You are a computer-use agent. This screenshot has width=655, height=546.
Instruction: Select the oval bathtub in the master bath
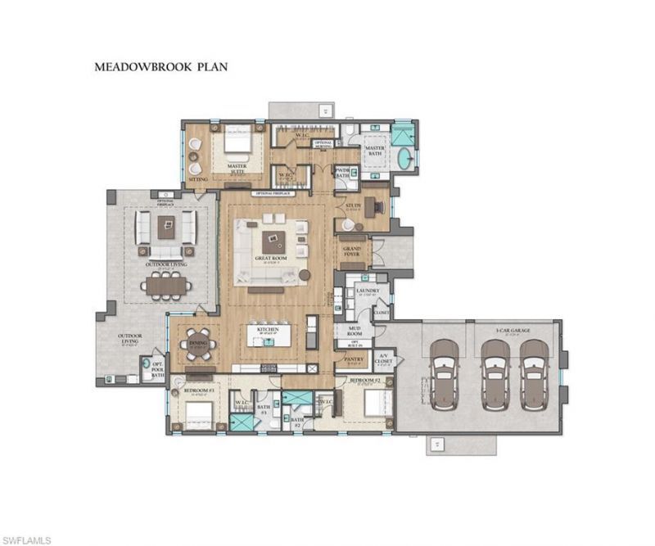tap(402, 158)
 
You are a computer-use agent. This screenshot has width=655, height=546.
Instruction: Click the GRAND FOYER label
tap(352, 249)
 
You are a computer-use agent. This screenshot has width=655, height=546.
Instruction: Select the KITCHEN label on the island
tap(269, 329)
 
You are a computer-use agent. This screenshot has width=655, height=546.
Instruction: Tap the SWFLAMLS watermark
tap(26, 539)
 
